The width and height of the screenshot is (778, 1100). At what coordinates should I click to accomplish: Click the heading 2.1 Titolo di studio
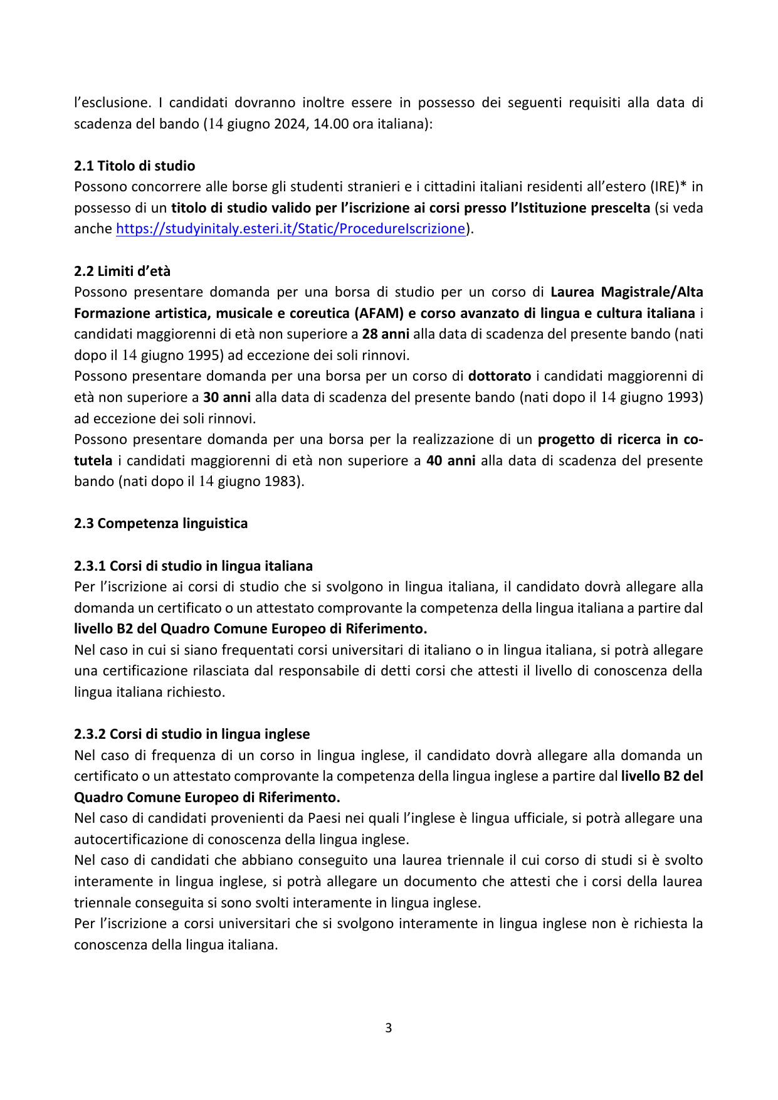[134, 166]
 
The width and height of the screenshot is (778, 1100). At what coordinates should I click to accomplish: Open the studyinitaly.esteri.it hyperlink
[290, 228]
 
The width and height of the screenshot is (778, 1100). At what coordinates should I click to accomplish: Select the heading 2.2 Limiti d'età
[122, 271]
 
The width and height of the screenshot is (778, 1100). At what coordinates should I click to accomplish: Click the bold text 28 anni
[386, 334]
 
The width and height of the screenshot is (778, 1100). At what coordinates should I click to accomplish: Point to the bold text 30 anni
[227, 397]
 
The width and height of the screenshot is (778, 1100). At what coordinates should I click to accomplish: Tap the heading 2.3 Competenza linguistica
[160, 523]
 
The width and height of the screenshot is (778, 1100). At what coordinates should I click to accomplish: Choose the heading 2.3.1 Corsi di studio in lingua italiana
[193, 566]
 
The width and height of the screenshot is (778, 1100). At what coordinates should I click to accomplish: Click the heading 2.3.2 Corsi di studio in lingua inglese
[192, 734]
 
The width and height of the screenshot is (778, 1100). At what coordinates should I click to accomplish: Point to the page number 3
[389, 1028]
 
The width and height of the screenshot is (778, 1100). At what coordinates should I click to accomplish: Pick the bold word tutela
[93, 460]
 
